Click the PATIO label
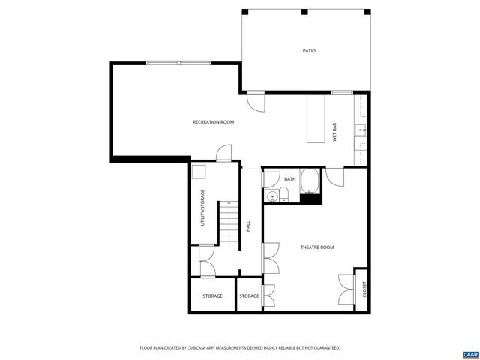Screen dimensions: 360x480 click(x=308, y=51)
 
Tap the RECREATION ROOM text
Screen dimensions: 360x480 click(x=213, y=121)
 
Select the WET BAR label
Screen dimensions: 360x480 click(x=334, y=130)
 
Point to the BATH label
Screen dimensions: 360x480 click(x=290, y=179)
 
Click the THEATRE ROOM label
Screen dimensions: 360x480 click(x=316, y=247)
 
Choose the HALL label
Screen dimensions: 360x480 click(x=248, y=226)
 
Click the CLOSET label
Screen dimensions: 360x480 click(x=364, y=288)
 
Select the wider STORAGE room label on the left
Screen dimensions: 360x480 click(x=212, y=295)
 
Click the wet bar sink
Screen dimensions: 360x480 click(x=362, y=130)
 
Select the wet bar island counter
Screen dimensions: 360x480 click(x=316, y=118)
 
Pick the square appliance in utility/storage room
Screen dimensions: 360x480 click(x=199, y=172)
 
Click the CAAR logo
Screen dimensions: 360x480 click(x=469, y=353)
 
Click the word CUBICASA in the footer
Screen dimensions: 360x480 click(x=194, y=348)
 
